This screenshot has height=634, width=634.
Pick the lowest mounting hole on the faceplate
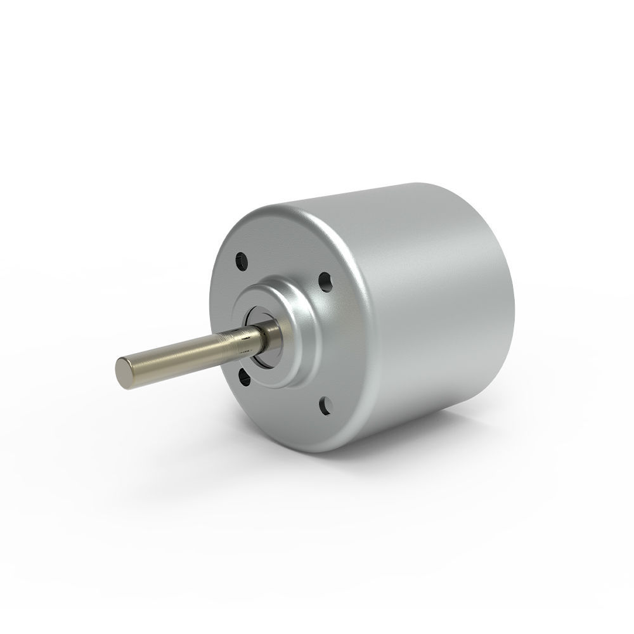coord(325,403)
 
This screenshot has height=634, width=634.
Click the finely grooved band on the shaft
coord(242,343)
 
